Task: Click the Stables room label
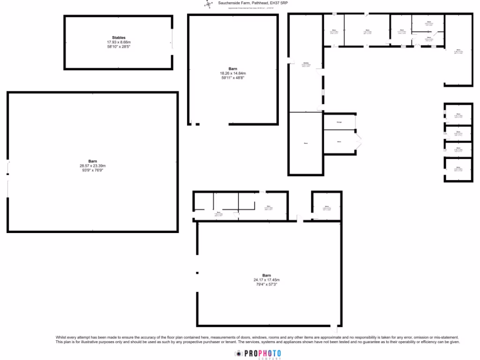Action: [x=119, y=37]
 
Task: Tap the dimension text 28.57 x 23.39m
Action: [x=92, y=165]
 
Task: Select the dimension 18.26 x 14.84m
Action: [x=233, y=73]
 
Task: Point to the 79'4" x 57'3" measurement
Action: [x=266, y=284]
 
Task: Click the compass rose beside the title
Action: [x=208, y=4]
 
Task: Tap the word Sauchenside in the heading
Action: [x=229, y=3]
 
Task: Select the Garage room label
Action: [x=339, y=122]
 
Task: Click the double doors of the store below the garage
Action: [x=359, y=142]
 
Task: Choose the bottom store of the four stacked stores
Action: [x=458, y=168]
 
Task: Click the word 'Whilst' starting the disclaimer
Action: [x=61, y=337]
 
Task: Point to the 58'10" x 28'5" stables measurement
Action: [x=119, y=46]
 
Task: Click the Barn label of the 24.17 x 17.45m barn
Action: [x=266, y=275]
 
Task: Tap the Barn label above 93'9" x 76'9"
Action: [x=92, y=161]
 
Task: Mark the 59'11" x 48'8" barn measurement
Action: [x=233, y=78]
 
